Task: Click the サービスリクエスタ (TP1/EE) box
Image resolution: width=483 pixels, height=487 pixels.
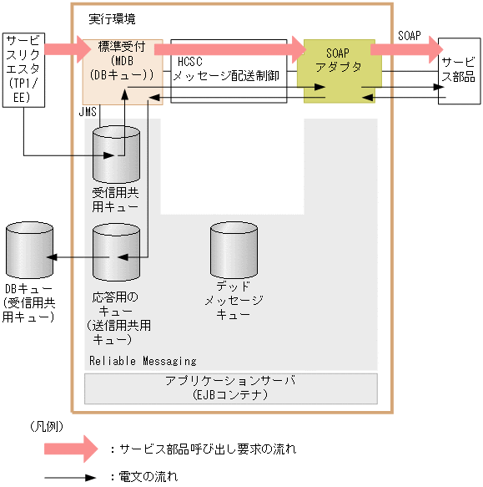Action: pyautogui.click(x=23, y=68)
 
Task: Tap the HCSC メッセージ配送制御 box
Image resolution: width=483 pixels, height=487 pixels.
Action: pyautogui.click(x=229, y=70)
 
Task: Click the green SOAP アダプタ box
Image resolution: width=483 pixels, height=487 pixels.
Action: pyautogui.click(x=339, y=70)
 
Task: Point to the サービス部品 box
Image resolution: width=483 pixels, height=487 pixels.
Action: pyautogui.click(x=459, y=70)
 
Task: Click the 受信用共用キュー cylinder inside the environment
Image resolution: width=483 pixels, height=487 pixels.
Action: pyautogui.click(x=116, y=157)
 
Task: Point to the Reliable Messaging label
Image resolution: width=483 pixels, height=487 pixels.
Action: pyautogui.click(x=143, y=361)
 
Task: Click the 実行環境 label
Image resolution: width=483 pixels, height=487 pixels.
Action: pyautogui.click(x=111, y=18)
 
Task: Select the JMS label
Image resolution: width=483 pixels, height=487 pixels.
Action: pyautogui.click(x=88, y=110)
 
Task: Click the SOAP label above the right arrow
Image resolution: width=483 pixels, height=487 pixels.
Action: pyautogui.click(x=410, y=36)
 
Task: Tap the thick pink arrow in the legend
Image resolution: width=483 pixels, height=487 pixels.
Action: pyautogui.click(x=72, y=449)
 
